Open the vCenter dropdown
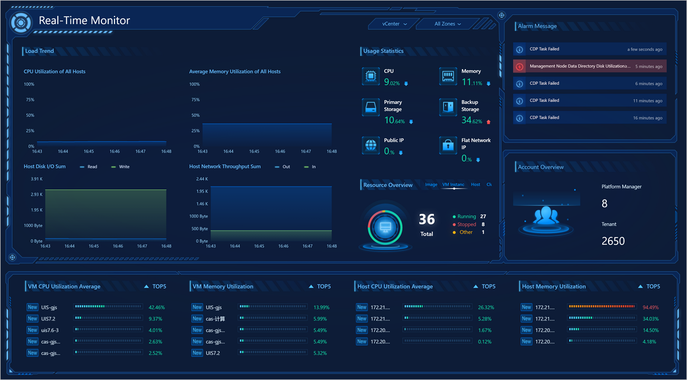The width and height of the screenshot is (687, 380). pyautogui.click(x=394, y=24)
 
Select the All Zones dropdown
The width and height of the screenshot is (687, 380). pyautogui.click(x=448, y=24)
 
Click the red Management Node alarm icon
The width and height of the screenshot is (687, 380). pyautogui.click(x=520, y=66)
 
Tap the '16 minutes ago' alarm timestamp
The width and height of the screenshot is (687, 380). pyautogui.click(x=647, y=118)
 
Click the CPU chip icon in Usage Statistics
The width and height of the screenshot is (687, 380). pyautogui.click(x=371, y=76)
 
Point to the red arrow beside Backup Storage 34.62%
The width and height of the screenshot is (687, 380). pyautogui.click(x=488, y=122)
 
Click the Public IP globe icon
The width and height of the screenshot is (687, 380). pyautogui.click(x=371, y=145)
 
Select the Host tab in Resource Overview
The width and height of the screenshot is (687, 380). pyautogui.click(x=475, y=184)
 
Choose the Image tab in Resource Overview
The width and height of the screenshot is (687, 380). pyautogui.click(x=431, y=184)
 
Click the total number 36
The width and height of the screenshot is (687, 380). pyautogui.click(x=427, y=219)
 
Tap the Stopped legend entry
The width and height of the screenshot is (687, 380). pyautogui.click(x=464, y=224)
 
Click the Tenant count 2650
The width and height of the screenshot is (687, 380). pyautogui.click(x=613, y=241)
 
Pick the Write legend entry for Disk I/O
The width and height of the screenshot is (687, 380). pyautogui.click(x=121, y=167)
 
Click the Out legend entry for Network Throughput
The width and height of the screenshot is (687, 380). pyautogui.click(x=282, y=167)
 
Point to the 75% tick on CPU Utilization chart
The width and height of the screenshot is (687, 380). pyautogui.click(x=30, y=100)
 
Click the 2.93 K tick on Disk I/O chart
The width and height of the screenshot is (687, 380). pyautogui.click(x=37, y=195)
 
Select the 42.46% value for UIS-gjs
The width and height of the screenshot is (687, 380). pyautogui.click(x=157, y=307)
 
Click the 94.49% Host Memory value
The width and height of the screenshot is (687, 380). pyautogui.click(x=650, y=307)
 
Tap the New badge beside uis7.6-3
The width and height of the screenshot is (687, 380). pyautogui.click(x=33, y=330)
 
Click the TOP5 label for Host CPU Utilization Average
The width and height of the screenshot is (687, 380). pyautogui.click(x=488, y=287)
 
